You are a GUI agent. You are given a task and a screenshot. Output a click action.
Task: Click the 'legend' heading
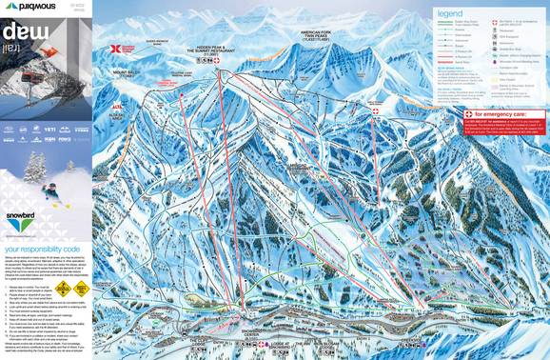click(x=449, y=13)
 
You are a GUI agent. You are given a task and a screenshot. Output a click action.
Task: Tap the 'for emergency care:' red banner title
click(x=497, y=115)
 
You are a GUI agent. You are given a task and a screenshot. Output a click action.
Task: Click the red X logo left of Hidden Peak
click(x=117, y=48)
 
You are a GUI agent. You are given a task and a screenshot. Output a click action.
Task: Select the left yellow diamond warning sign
click(x=63, y=287)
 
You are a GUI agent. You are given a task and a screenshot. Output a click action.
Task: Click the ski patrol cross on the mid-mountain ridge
click(x=374, y=111)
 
